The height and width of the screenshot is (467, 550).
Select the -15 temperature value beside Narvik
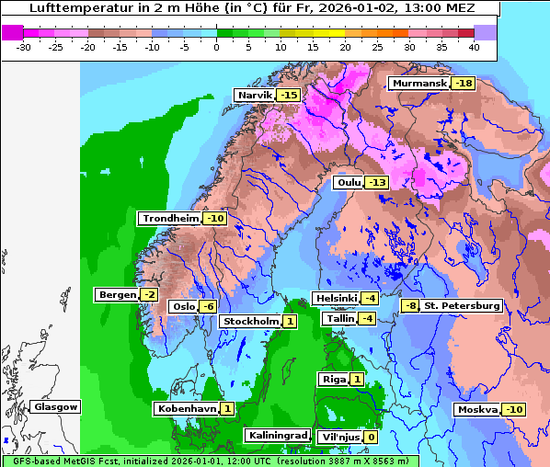[290, 96]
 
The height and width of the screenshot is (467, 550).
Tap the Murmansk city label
[418, 84]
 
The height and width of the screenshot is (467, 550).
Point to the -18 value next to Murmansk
[464, 84]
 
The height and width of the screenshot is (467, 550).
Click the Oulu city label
[349, 183]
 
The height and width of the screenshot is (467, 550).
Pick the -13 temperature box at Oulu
[377, 183]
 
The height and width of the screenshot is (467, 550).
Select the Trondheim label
[170, 219]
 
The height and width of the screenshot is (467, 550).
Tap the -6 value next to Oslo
[209, 307]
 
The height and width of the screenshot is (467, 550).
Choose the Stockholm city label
[249, 321]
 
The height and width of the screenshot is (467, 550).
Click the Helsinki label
[335, 299]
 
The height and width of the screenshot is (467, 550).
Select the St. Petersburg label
[462, 305]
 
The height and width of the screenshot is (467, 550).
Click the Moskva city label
[477, 409]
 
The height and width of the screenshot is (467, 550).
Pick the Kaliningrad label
[276, 435]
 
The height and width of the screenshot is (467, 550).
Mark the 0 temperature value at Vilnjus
[371, 437]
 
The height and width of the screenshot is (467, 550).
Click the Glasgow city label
[55, 406]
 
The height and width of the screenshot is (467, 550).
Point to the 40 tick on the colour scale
[473, 46]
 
